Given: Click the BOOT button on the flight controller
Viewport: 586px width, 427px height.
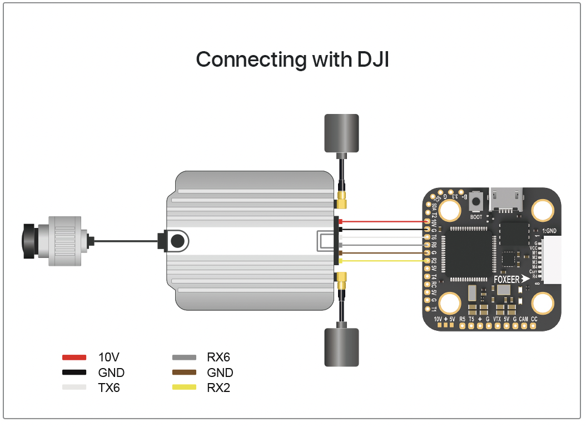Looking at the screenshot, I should click(x=476, y=202).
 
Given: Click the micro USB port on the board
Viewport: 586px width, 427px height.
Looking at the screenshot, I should click(x=505, y=198).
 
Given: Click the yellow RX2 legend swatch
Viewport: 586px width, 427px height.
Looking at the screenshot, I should click(x=184, y=388).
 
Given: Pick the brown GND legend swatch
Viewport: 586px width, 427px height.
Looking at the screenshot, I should click(x=184, y=373).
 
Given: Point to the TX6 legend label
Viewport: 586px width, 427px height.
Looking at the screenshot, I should click(x=109, y=388).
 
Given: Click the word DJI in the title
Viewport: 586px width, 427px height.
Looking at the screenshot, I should click(x=369, y=59).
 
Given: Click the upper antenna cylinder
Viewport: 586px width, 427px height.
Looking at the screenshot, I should click(x=341, y=133).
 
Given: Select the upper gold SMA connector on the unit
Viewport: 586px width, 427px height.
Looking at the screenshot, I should click(x=341, y=196).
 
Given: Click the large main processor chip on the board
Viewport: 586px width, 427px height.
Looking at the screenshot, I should click(x=467, y=253).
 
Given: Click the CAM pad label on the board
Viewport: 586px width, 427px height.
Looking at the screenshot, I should click(x=523, y=319).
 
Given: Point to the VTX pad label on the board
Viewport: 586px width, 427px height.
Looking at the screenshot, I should click(x=497, y=319).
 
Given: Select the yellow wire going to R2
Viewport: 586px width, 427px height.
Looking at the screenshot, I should click(x=384, y=260).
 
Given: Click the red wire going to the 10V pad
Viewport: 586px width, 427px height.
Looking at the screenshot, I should click(x=384, y=221).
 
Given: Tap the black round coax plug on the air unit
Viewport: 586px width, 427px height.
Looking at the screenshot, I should click(x=177, y=241).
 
